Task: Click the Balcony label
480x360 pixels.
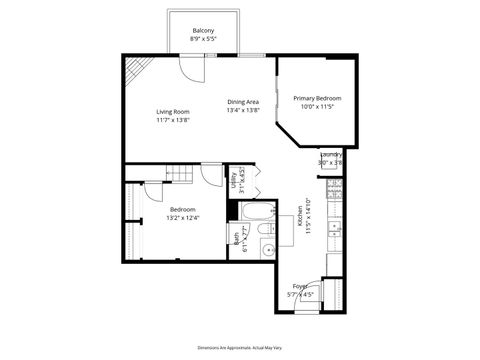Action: [204, 31]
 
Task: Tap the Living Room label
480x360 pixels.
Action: [172, 111]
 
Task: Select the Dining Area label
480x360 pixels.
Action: [243, 102]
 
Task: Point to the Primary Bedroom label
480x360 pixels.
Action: [317, 98]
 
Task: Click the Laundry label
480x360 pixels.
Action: [331, 155]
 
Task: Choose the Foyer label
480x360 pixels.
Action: [301, 286]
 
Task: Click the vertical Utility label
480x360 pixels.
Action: [233, 180]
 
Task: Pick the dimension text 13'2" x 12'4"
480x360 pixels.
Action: [182, 217]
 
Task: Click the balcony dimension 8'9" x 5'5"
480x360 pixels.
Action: [204, 40]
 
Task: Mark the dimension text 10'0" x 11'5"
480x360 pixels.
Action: [317, 106]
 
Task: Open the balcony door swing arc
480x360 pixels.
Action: [192, 69]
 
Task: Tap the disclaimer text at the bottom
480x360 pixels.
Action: [239, 344]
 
